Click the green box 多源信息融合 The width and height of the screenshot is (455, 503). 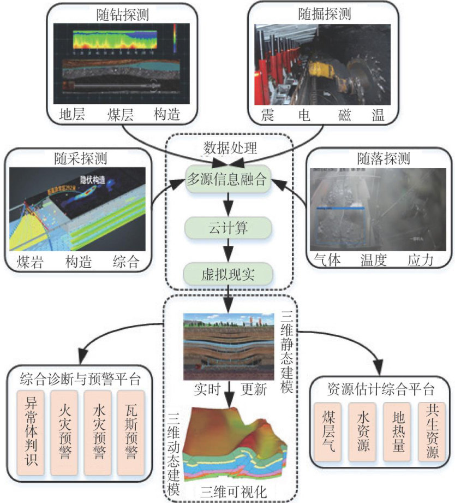click(x=229, y=180)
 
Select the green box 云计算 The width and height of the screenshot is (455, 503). click(x=229, y=228)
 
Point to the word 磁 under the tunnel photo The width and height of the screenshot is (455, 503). click(x=346, y=115)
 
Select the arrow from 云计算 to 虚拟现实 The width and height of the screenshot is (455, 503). click(x=229, y=250)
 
